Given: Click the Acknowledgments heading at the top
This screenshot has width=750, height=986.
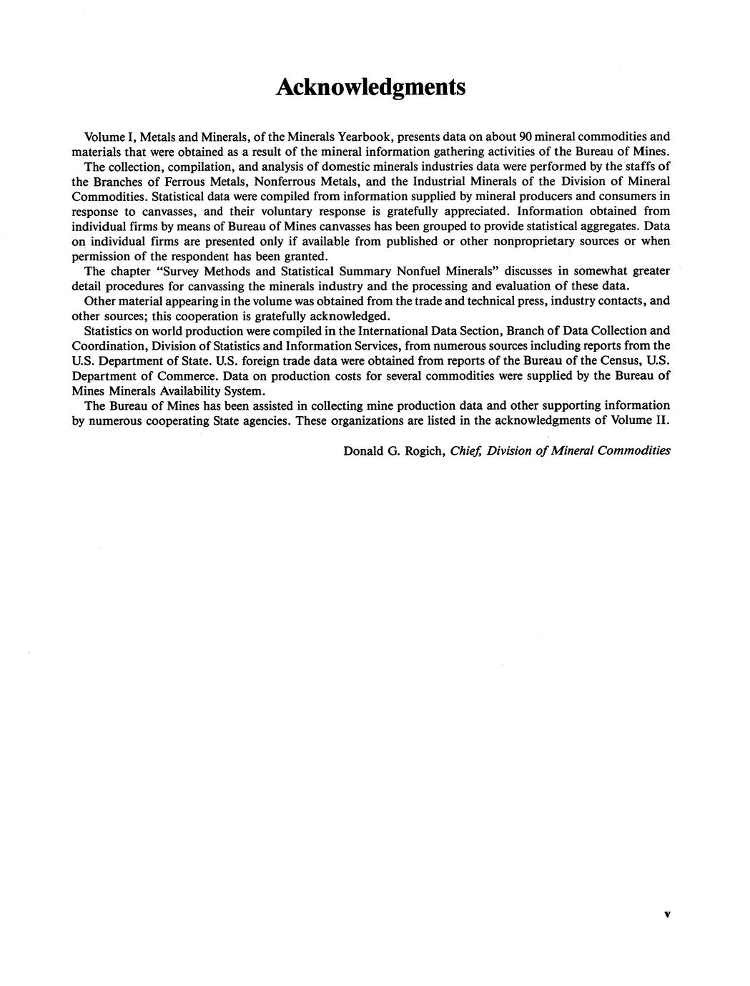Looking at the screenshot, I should click(370, 87).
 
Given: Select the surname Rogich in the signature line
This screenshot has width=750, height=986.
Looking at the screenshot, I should click(424, 451).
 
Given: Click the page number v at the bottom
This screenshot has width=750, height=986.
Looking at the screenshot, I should click(666, 914).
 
